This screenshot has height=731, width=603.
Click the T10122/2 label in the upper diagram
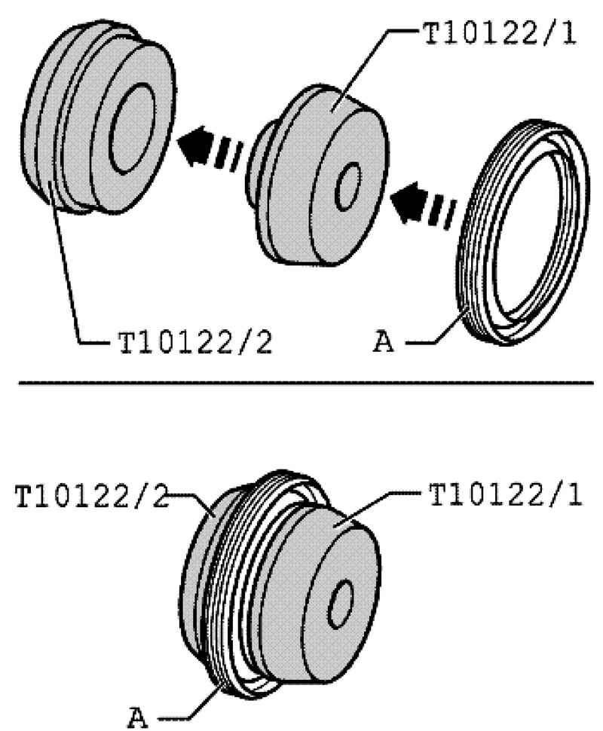click(195, 344)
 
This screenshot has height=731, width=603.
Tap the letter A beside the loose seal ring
click(384, 343)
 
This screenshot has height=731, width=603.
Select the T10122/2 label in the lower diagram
click(91, 496)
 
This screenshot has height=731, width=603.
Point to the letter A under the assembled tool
click(138, 717)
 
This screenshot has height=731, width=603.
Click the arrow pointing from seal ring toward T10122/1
click(423, 205)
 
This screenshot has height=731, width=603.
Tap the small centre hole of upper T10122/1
click(348, 186)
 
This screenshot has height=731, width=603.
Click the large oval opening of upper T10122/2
click(133, 129)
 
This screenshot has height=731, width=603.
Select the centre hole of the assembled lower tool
click(341, 604)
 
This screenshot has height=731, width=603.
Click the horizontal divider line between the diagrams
click(305, 383)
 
